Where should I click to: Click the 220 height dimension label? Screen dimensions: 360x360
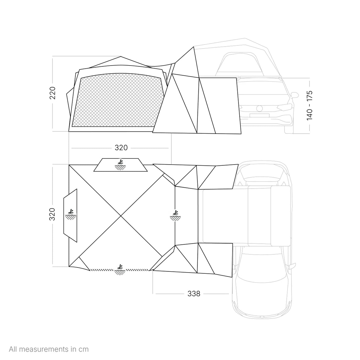pos(52,93)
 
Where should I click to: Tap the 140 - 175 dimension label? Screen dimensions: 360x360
pos(309,106)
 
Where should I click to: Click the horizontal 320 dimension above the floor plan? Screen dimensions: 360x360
pos(121,148)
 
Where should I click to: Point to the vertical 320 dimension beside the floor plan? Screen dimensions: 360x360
pos(52,214)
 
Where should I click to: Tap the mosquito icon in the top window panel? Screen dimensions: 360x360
pos(120,165)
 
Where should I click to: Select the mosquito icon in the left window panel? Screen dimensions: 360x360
pos(71,214)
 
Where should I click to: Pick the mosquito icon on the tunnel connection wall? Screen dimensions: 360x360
pos(175,216)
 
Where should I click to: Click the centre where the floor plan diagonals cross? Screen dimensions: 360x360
pos(121,216)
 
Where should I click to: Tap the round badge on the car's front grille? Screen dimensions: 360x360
pos(259,108)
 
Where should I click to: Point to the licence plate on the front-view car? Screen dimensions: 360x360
pos(259,115)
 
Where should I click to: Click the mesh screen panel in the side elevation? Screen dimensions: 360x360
pos(118,100)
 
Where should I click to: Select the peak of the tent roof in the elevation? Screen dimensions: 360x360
pos(121,56)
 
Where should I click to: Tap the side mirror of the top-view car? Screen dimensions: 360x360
pos(293,266)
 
